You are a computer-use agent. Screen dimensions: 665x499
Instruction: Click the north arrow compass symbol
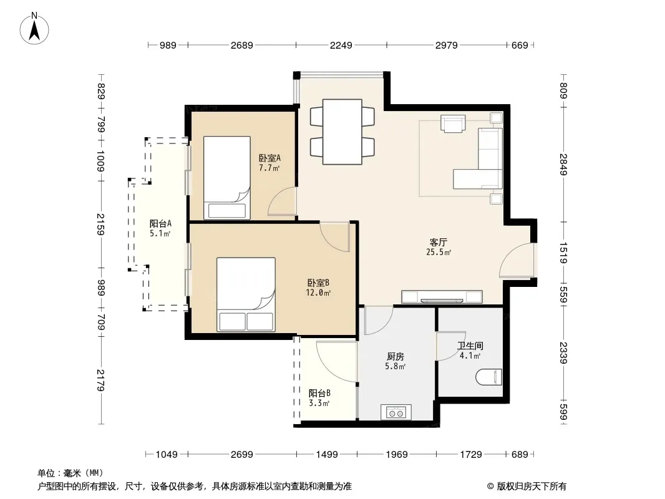(34, 29)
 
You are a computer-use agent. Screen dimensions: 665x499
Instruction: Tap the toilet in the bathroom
(489, 377)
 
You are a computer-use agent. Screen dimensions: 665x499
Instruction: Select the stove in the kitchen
(396, 412)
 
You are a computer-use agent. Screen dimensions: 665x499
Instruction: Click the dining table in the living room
(342, 132)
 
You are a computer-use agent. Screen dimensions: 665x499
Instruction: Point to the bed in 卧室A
(227, 178)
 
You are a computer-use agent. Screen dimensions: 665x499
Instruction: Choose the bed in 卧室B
(246, 294)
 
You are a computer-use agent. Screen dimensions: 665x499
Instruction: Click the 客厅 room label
(438, 243)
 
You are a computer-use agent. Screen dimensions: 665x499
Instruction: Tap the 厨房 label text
(396, 357)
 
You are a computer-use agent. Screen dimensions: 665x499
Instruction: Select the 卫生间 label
(470, 346)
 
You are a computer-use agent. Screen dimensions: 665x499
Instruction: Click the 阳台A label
(160, 223)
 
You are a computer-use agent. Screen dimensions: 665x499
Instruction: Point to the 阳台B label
(319, 394)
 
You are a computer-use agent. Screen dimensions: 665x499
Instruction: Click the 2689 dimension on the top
(242, 45)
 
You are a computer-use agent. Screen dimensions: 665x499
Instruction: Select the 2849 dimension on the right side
(563, 164)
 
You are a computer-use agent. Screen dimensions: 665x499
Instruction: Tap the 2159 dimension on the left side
(100, 225)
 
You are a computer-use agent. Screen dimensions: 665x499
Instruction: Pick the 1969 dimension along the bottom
(397, 455)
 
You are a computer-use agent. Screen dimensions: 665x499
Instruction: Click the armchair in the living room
(453, 124)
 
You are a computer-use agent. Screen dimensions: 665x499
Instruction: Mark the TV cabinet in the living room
(442, 297)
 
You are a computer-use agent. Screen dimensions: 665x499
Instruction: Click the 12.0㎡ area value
(318, 293)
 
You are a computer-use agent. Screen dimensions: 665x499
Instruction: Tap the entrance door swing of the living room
(515, 260)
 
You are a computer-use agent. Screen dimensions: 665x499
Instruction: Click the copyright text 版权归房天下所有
(532, 487)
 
